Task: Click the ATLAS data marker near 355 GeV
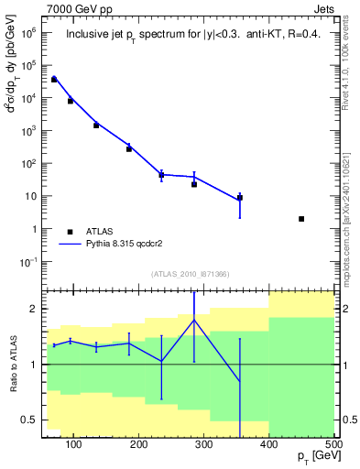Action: pyautogui.click(x=240, y=197)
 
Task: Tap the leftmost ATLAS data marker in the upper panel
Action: pyautogui.click(x=54, y=80)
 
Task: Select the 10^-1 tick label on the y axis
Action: pyautogui.click(x=27, y=262)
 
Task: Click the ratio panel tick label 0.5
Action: pyautogui.click(x=30, y=420)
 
